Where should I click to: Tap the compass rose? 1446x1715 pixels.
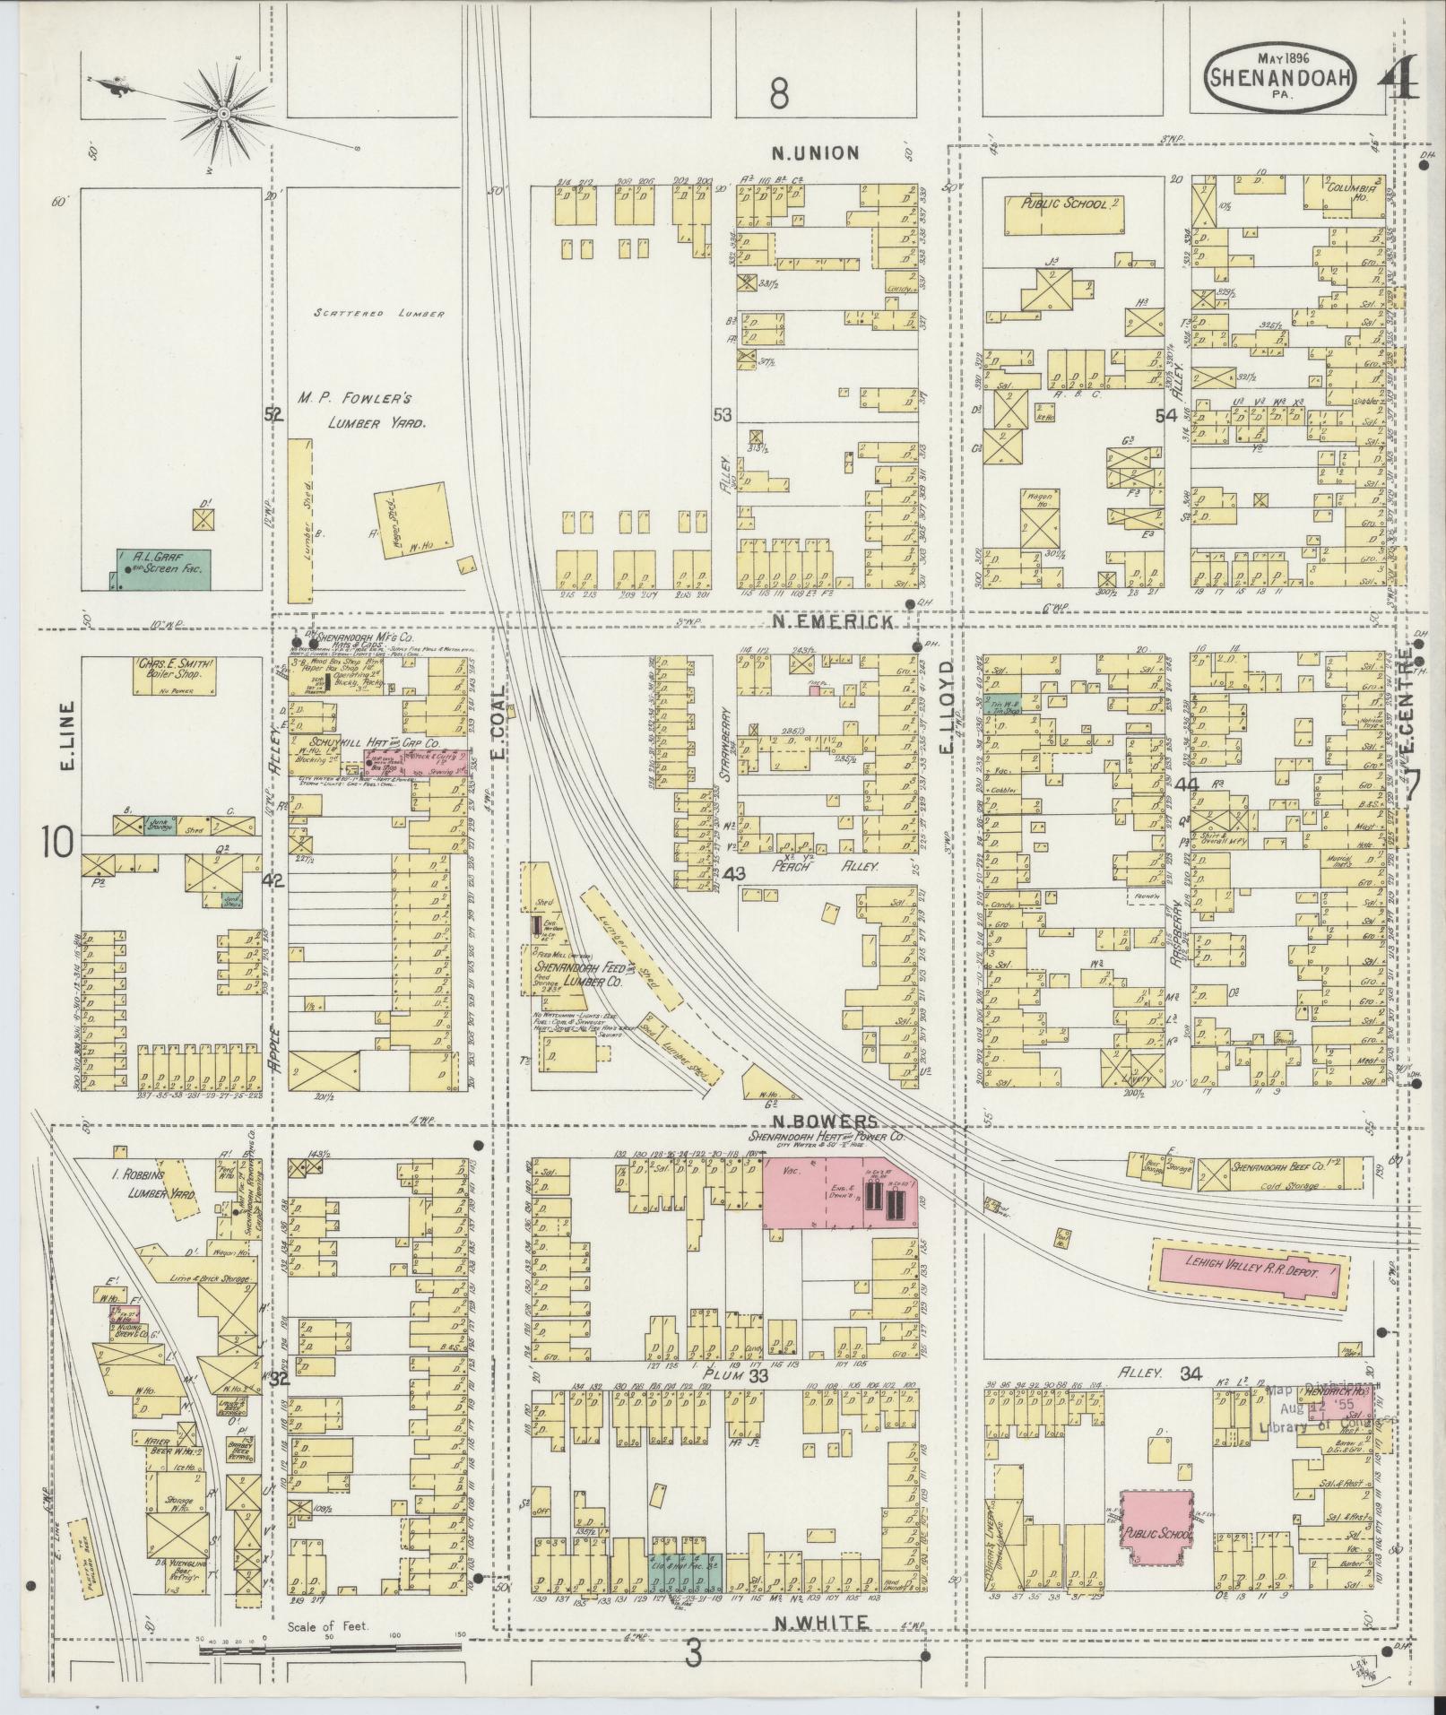[221, 115]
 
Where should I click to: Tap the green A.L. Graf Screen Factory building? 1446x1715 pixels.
[164, 568]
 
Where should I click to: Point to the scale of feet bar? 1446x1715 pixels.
[332, 1649]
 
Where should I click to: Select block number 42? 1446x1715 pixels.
[273, 881]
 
